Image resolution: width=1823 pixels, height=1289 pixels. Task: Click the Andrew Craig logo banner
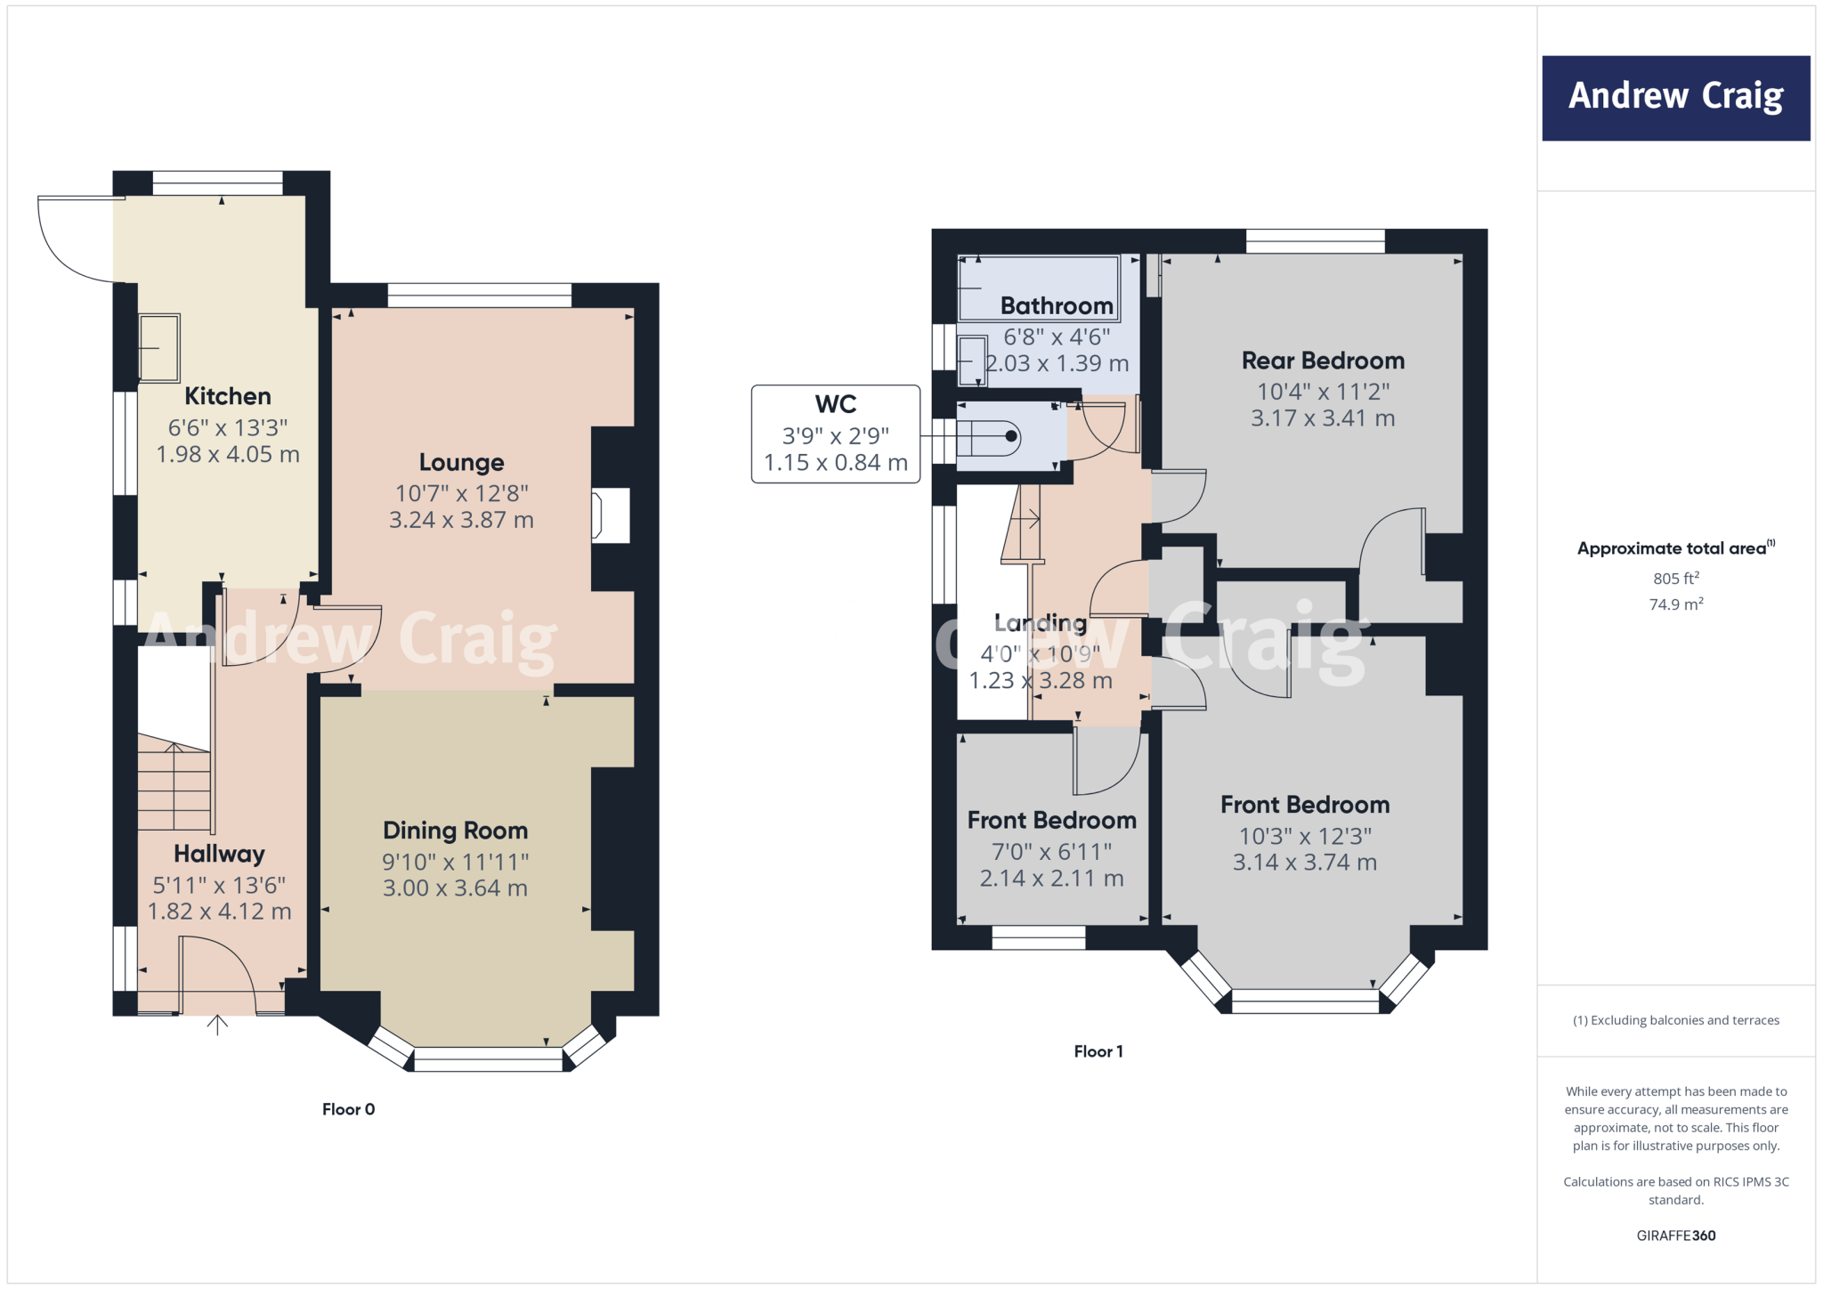click(x=1675, y=98)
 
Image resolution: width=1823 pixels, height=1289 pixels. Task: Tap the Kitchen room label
click(x=228, y=396)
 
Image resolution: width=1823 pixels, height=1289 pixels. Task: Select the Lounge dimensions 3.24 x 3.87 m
click(x=461, y=520)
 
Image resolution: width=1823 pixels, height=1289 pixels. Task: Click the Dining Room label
click(x=455, y=831)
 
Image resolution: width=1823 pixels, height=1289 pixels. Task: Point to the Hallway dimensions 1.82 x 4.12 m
click(x=219, y=912)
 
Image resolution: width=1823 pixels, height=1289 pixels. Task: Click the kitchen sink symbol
click(x=159, y=347)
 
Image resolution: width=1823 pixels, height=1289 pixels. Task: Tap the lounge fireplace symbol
click(x=611, y=515)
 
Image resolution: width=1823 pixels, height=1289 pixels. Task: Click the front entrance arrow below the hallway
click(x=217, y=1026)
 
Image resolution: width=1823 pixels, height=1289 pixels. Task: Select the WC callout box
click(x=835, y=434)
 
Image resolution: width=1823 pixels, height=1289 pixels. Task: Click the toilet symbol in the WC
click(x=988, y=437)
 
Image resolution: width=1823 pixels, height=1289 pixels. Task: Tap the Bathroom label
click(x=1057, y=306)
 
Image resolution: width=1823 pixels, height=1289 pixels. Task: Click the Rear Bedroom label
click(x=1323, y=361)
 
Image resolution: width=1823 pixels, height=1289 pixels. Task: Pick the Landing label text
click(x=1040, y=623)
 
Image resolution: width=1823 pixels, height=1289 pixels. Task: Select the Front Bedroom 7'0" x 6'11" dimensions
click(x=1051, y=852)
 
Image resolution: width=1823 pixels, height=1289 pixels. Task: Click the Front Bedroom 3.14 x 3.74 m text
click(x=1304, y=863)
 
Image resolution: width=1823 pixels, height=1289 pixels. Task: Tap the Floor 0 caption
click(x=348, y=1109)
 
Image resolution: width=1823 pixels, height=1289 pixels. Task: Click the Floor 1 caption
click(x=1098, y=1051)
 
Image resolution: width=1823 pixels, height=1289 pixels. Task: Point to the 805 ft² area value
click(x=1675, y=579)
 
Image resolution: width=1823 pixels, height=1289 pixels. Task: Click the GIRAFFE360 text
click(x=1675, y=1236)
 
